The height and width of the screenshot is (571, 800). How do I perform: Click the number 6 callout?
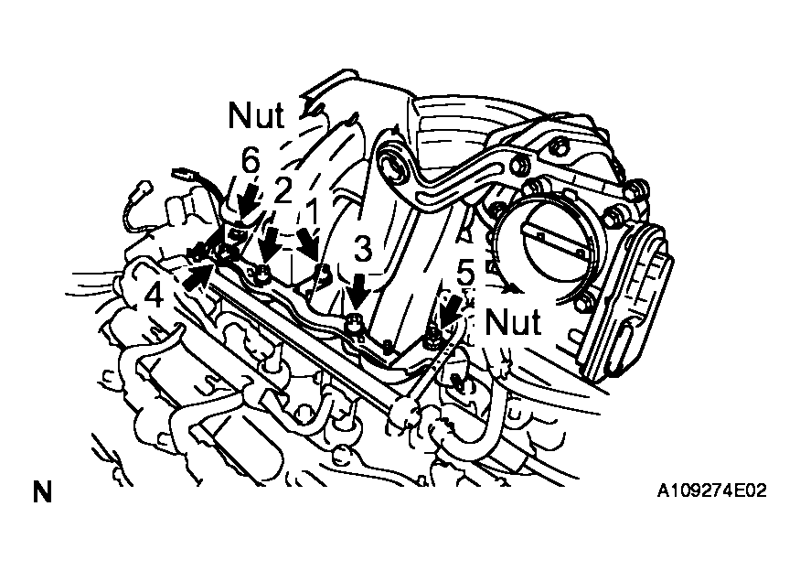251,162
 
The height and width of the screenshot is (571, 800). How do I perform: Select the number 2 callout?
283,192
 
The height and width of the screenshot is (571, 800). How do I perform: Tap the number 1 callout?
313,212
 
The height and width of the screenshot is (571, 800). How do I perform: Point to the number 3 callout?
363,250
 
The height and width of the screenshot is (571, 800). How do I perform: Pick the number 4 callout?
155,296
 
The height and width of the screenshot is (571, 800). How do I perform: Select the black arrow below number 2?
270,242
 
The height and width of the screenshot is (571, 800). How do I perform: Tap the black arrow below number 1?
309,245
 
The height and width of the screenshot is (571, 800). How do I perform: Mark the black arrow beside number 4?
197,275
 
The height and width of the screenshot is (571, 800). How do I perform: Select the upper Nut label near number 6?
256,115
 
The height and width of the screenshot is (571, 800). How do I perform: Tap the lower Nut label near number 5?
512,322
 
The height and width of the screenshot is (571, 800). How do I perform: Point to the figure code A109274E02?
711,491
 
